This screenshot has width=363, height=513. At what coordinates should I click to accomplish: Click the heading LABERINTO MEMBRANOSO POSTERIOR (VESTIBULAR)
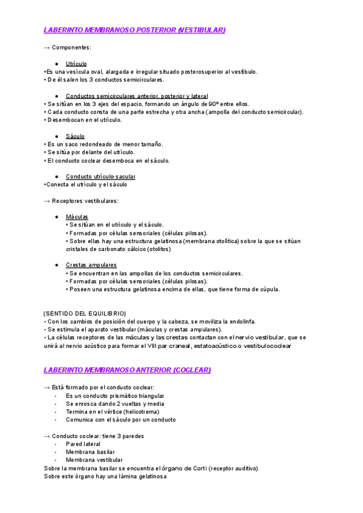pyautogui.click(x=135, y=30)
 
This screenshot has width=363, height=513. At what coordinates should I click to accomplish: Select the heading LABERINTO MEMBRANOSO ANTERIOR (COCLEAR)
pyautogui.click(x=128, y=370)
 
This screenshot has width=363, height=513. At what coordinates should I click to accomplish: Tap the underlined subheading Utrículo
pyautogui.click(x=76, y=64)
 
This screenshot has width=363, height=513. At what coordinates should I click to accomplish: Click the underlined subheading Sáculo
pyautogui.click(x=75, y=136)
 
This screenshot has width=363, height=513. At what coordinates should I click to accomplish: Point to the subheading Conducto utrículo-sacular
pyautogui.click(x=100, y=177)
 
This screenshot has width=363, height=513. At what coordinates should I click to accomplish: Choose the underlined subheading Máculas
pyautogui.click(x=77, y=217)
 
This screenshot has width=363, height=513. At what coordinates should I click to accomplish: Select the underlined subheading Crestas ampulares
pyautogui.click(x=91, y=265)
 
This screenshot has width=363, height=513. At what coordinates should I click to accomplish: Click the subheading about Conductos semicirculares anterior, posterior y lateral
pyautogui.click(x=137, y=96)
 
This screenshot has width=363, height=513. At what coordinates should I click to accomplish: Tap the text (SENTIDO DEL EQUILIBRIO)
pyautogui.click(x=85, y=313)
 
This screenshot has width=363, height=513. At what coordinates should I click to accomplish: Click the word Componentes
pyautogui.click(x=71, y=47)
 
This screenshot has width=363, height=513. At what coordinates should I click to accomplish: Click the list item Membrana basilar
pyautogui.click(x=90, y=452)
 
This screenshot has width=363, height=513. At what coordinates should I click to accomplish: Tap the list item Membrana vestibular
pyautogui.click(x=94, y=460)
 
